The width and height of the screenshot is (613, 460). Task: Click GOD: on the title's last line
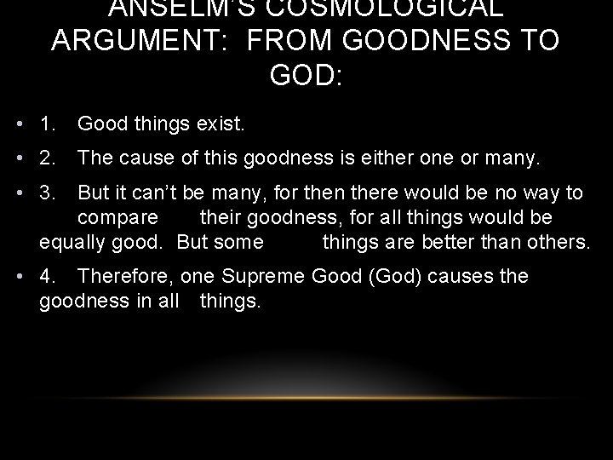click(306, 77)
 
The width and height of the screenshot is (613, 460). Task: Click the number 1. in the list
click(48, 124)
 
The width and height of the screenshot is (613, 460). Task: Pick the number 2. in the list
click(48, 157)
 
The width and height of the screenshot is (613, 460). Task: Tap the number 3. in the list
click(48, 193)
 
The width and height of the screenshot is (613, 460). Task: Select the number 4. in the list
click(48, 276)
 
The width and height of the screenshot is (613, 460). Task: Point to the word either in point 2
click(363, 157)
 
